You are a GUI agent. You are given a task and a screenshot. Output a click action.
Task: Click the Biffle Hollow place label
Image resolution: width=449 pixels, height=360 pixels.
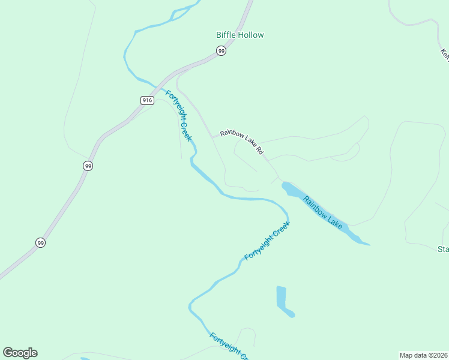(240, 35)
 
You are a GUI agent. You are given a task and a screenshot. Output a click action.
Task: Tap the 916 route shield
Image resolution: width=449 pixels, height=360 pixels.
(147, 100)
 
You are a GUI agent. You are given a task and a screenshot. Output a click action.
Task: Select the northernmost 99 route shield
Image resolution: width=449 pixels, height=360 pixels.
(221, 51)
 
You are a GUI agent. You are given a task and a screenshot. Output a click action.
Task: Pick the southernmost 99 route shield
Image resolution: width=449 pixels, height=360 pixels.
(40, 242)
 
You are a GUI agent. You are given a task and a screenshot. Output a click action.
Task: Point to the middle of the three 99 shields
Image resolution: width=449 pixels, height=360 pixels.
(88, 166)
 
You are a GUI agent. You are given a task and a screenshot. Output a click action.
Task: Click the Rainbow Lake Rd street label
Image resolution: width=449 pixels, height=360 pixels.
(242, 142)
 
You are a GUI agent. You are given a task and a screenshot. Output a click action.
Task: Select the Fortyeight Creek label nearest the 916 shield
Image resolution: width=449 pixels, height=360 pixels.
(179, 116)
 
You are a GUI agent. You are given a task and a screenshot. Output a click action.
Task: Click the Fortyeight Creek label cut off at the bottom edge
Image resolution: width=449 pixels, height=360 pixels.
(229, 347)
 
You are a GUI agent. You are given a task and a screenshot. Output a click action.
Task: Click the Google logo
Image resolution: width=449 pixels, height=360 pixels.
(20, 353)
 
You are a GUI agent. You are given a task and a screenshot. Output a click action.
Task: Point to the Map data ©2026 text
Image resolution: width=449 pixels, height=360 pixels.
(423, 355)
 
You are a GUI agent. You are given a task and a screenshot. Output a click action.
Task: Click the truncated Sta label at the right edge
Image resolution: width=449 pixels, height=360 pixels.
(443, 249)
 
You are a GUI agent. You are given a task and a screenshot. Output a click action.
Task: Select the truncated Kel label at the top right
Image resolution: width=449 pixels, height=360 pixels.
(445, 54)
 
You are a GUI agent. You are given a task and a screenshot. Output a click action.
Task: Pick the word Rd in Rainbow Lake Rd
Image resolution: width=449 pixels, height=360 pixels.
(260, 151)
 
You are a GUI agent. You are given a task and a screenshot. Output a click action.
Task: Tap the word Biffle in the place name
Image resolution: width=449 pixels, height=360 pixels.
(226, 35)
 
